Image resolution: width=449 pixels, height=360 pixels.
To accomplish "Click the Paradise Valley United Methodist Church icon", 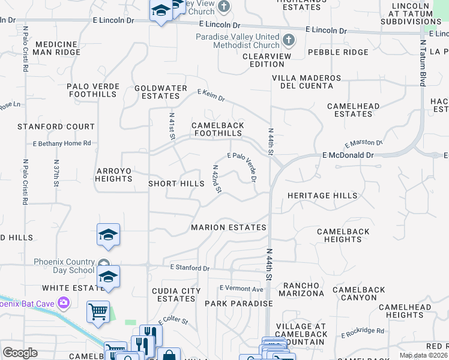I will click(x=289, y=41).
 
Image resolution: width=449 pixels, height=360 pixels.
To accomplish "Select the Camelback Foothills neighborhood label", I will click(x=217, y=129).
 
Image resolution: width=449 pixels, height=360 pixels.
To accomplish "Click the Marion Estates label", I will click(x=229, y=227).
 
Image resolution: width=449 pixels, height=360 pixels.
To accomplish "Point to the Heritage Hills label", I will click(x=322, y=196).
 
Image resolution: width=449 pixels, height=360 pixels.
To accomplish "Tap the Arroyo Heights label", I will click(x=113, y=175).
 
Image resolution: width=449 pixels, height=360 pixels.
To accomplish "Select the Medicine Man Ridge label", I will click(x=58, y=49).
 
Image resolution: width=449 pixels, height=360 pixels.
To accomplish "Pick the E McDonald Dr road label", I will click(x=348, y=155).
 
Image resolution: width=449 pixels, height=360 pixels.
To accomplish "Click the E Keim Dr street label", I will click(x=211, y=94).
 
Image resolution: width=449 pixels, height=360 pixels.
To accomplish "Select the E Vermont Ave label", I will click(x=241, y=289).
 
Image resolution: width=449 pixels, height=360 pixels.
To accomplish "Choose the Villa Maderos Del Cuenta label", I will click(x=306, y=82).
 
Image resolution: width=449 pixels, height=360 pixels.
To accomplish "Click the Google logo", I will click(x=20, y=353).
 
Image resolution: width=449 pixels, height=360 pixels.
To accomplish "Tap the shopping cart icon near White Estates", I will click(x=98, y=312).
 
